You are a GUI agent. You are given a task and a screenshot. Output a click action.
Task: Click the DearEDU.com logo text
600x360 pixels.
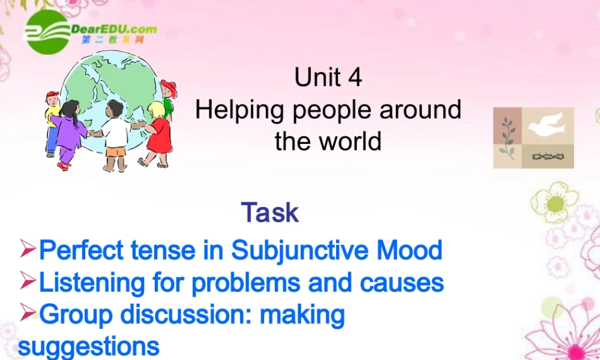(x=114, y=29)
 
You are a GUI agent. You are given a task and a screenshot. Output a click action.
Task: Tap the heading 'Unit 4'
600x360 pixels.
(x=328, y=78)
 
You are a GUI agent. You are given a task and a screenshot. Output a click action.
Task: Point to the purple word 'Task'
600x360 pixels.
(x=270, y=212)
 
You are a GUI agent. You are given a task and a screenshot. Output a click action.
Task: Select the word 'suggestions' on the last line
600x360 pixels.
(x=89, y=346)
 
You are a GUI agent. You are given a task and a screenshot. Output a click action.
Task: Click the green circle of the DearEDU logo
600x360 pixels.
(x=47, y=32)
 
